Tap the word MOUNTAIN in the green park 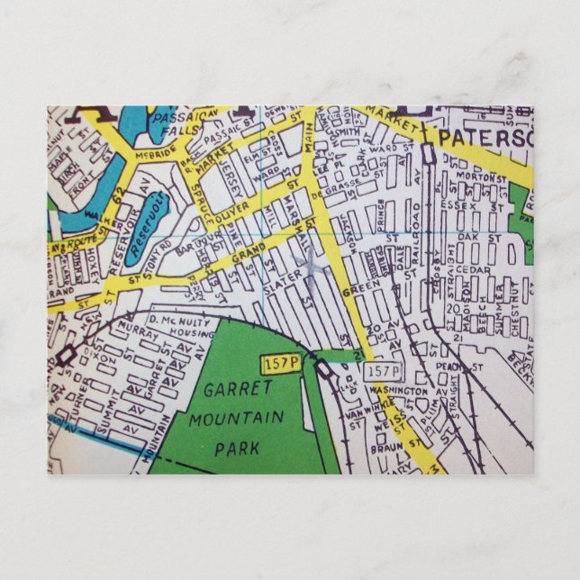pos(237,419)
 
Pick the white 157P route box pos(383,371)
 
